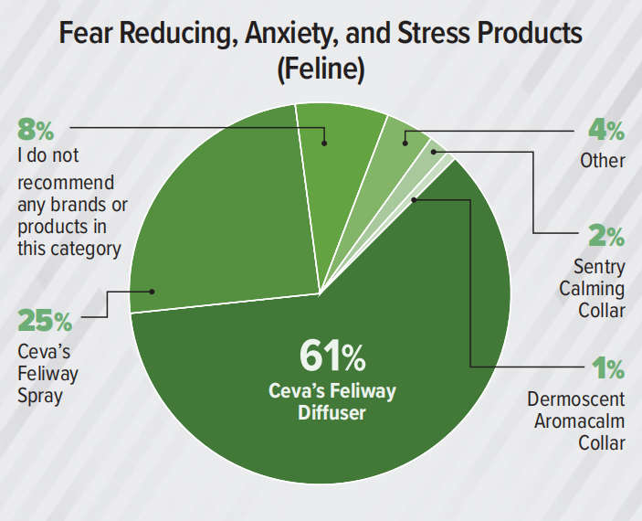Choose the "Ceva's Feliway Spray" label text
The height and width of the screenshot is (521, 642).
[48, 374]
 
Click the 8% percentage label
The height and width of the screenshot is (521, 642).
[37, 129]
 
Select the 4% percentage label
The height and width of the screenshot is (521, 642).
[605, 131]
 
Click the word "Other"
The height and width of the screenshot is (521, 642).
[604, 161]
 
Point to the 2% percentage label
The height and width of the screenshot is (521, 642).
[605, 237]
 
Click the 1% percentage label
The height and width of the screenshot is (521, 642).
[607, 369]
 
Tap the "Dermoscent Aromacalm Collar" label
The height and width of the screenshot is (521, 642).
[576, 421]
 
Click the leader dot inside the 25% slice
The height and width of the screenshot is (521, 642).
[153, 292]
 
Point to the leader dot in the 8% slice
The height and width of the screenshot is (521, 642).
[324, 144]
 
